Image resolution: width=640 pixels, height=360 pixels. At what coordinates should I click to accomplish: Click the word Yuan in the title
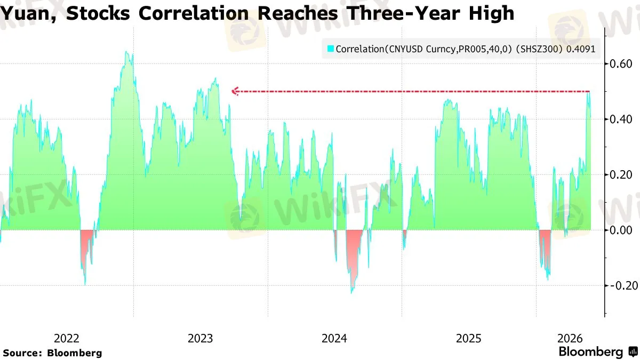tap(28, 13)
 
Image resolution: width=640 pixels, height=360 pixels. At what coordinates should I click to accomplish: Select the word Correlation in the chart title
tap(194, 13)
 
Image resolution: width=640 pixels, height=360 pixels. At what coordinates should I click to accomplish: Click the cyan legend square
tap(330, 49)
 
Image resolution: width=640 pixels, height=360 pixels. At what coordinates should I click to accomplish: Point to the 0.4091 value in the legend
tap(581, 49)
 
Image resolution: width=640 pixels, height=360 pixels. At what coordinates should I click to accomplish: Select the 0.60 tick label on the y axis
tap(621, 63)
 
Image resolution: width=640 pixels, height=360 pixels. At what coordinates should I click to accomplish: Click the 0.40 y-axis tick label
tap(621, 119)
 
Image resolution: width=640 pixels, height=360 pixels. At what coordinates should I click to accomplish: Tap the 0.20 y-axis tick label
tap(621, 174)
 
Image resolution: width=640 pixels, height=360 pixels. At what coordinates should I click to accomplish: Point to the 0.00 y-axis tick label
tap(621, 230)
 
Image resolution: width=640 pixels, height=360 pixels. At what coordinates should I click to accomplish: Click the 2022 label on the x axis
tap(66, 339)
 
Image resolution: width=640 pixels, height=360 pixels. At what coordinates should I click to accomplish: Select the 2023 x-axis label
tap(201, 339)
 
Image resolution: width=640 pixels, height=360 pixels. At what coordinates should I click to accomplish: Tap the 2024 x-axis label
tap(334, 339)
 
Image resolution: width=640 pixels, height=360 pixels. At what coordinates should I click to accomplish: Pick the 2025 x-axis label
tap(469, 339)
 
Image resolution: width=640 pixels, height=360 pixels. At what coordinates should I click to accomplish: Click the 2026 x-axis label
tap(570, 339)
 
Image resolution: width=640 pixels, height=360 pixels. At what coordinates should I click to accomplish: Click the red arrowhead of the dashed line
tap(234, 91)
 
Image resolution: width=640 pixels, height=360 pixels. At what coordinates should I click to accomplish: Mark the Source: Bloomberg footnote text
tap(53, 353)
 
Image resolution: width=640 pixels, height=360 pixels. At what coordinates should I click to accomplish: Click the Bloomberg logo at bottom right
tap(598, 351)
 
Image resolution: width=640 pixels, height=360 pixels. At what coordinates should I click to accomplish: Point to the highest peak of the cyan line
tap(126, 52)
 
